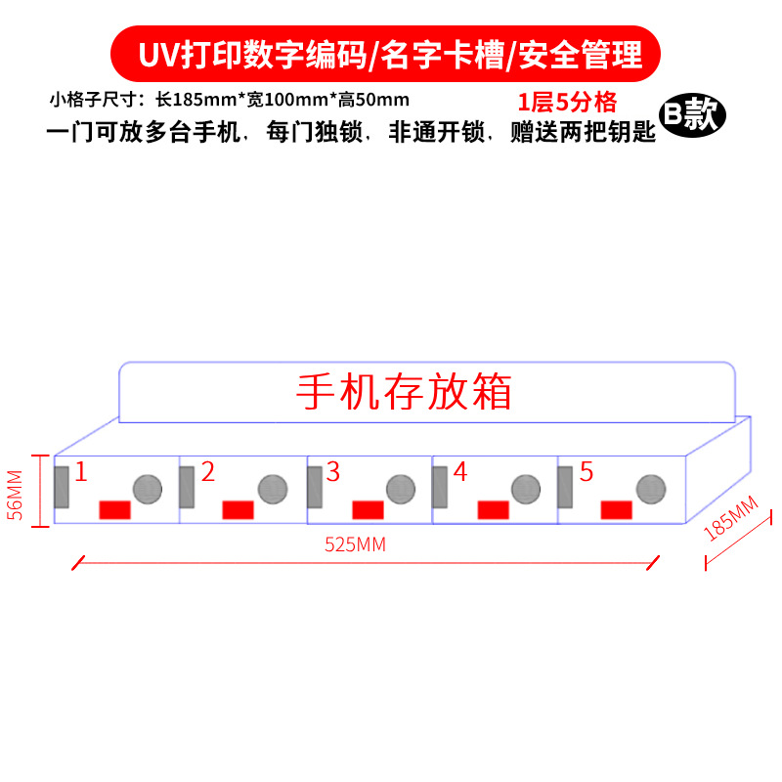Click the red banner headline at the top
pyautogui.click(x=390, y=54)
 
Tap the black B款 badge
pyautogui.click(x=692, y=115)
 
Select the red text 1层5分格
pyautogui.click(x=567, y=103)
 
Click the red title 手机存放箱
pyautogui.click(x=404, y=392)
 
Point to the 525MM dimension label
pyautogui.click(x=355, y=545)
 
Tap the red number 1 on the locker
pyautogui.click(x=81, y=473)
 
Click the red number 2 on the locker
pyautogui.click(x=208, y=473)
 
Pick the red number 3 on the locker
pyautogui.click(x=333, y=473)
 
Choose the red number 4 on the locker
pyautogui.click(x=460, y=473)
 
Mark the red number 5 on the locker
pyautogui.click(x=586, y=473)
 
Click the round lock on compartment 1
pyautogui.click(x=147, y=489)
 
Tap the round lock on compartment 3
pyautogui.click(x=399, y=489)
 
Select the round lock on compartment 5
pyautogui.click(x=650, y=489)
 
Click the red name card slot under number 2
pyautogui.click(x=239, y=510)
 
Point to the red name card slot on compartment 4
pyautogui.click(x=493, y=510)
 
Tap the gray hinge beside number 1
pyautogui.click(x=62, y=487)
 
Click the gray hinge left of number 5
pyautogui.click(x=565, y=487)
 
